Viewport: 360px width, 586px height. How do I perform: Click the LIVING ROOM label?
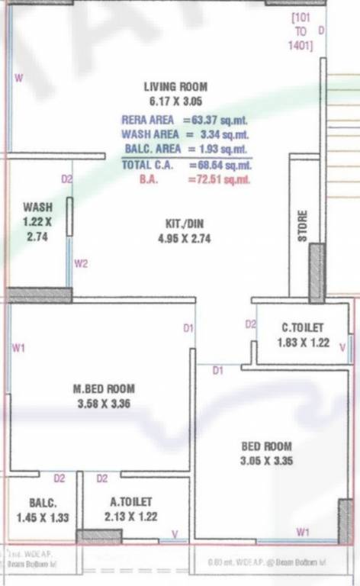tap(175, 87)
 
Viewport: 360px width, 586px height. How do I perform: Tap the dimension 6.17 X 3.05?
tap(175, 101)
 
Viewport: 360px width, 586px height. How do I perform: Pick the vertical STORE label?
tap(303, 227)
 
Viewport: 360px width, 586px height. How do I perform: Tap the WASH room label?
tap(37, 207)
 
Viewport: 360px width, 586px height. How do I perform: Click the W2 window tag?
tap(82, 264)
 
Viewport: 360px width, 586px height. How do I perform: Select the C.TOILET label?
tap(303, 327)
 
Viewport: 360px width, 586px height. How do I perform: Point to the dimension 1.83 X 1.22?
tap(304, 343)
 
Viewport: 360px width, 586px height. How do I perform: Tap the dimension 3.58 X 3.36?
tap(105, 404)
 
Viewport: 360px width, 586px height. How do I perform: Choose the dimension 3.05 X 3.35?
tap(266, 461)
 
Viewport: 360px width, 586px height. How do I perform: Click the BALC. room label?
tap(43, 503)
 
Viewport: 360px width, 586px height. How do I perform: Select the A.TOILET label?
tap(131, 501)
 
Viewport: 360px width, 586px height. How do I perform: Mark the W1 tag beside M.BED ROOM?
tap(20, 349)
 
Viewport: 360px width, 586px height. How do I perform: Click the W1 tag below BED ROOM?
tap(303, 531)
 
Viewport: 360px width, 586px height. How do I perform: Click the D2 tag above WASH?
tap(67, 179)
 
